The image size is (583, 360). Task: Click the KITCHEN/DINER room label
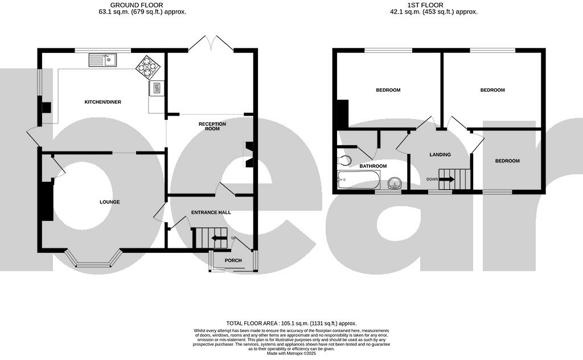pos(103,102)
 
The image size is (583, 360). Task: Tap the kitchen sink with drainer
pos(102,60)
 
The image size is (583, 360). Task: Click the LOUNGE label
pos(110,202)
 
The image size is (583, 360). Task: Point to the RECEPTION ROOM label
pos(212,126)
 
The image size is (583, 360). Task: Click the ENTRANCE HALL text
pos(211,212)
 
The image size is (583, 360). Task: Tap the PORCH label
pos(233,260)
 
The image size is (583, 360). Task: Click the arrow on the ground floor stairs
pos(219,239)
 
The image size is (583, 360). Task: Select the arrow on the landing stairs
pos(446,179)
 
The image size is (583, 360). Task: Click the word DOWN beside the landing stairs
pos(432,179)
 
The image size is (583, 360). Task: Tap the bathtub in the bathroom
pos(359,180)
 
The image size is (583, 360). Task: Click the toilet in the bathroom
pos(344,160)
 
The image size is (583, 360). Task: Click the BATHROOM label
pos(373,166)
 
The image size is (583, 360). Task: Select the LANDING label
pos(440,154)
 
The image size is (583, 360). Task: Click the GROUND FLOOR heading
pos(137,5)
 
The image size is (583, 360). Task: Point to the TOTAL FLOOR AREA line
pos(291,324)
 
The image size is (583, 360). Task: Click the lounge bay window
pos(94,259)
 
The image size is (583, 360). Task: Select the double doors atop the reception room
pos(211,43)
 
